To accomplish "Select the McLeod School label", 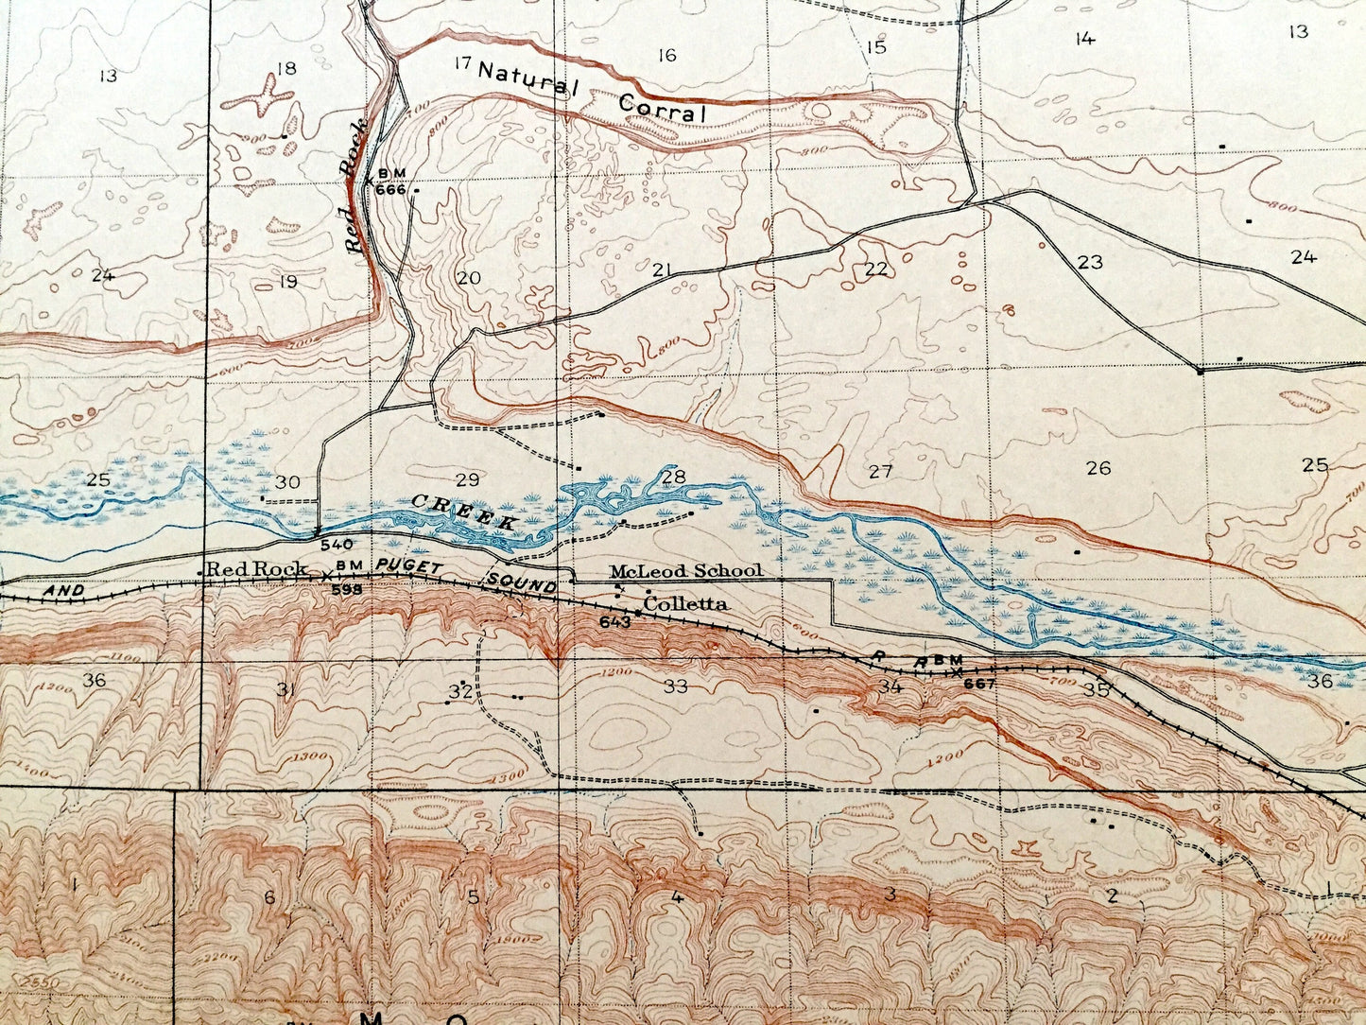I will click(x=685, y=571).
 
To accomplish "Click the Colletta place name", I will click(x=684, y=603).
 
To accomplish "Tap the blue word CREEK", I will click(x=465, y=511).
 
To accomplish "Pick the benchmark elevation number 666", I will click(x=389, y=188).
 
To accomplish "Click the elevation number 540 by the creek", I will click(x=337, y=545).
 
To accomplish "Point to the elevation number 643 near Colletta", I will click(x=614, y=621).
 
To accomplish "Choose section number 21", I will click(x=662, y=270).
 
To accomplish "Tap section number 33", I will click(x=675, y=686).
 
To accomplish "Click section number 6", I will click(x=269, y=896).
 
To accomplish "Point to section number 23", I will click(x=1090, y=262).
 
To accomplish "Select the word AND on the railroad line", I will click(x=63, y=590).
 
